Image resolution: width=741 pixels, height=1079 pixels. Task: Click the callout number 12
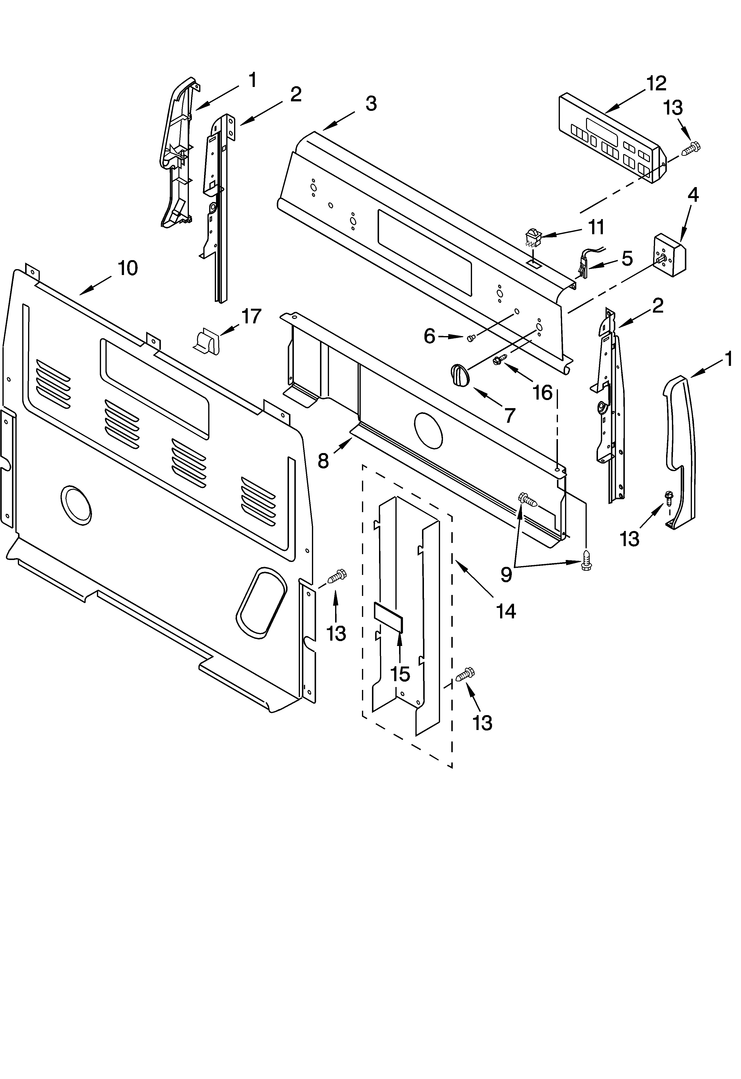click(656, 84)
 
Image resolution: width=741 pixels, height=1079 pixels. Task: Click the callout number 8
click(323, 461)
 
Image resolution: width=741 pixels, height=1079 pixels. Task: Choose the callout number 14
click(506, 611)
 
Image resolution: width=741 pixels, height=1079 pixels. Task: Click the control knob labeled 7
click(460, 375)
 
